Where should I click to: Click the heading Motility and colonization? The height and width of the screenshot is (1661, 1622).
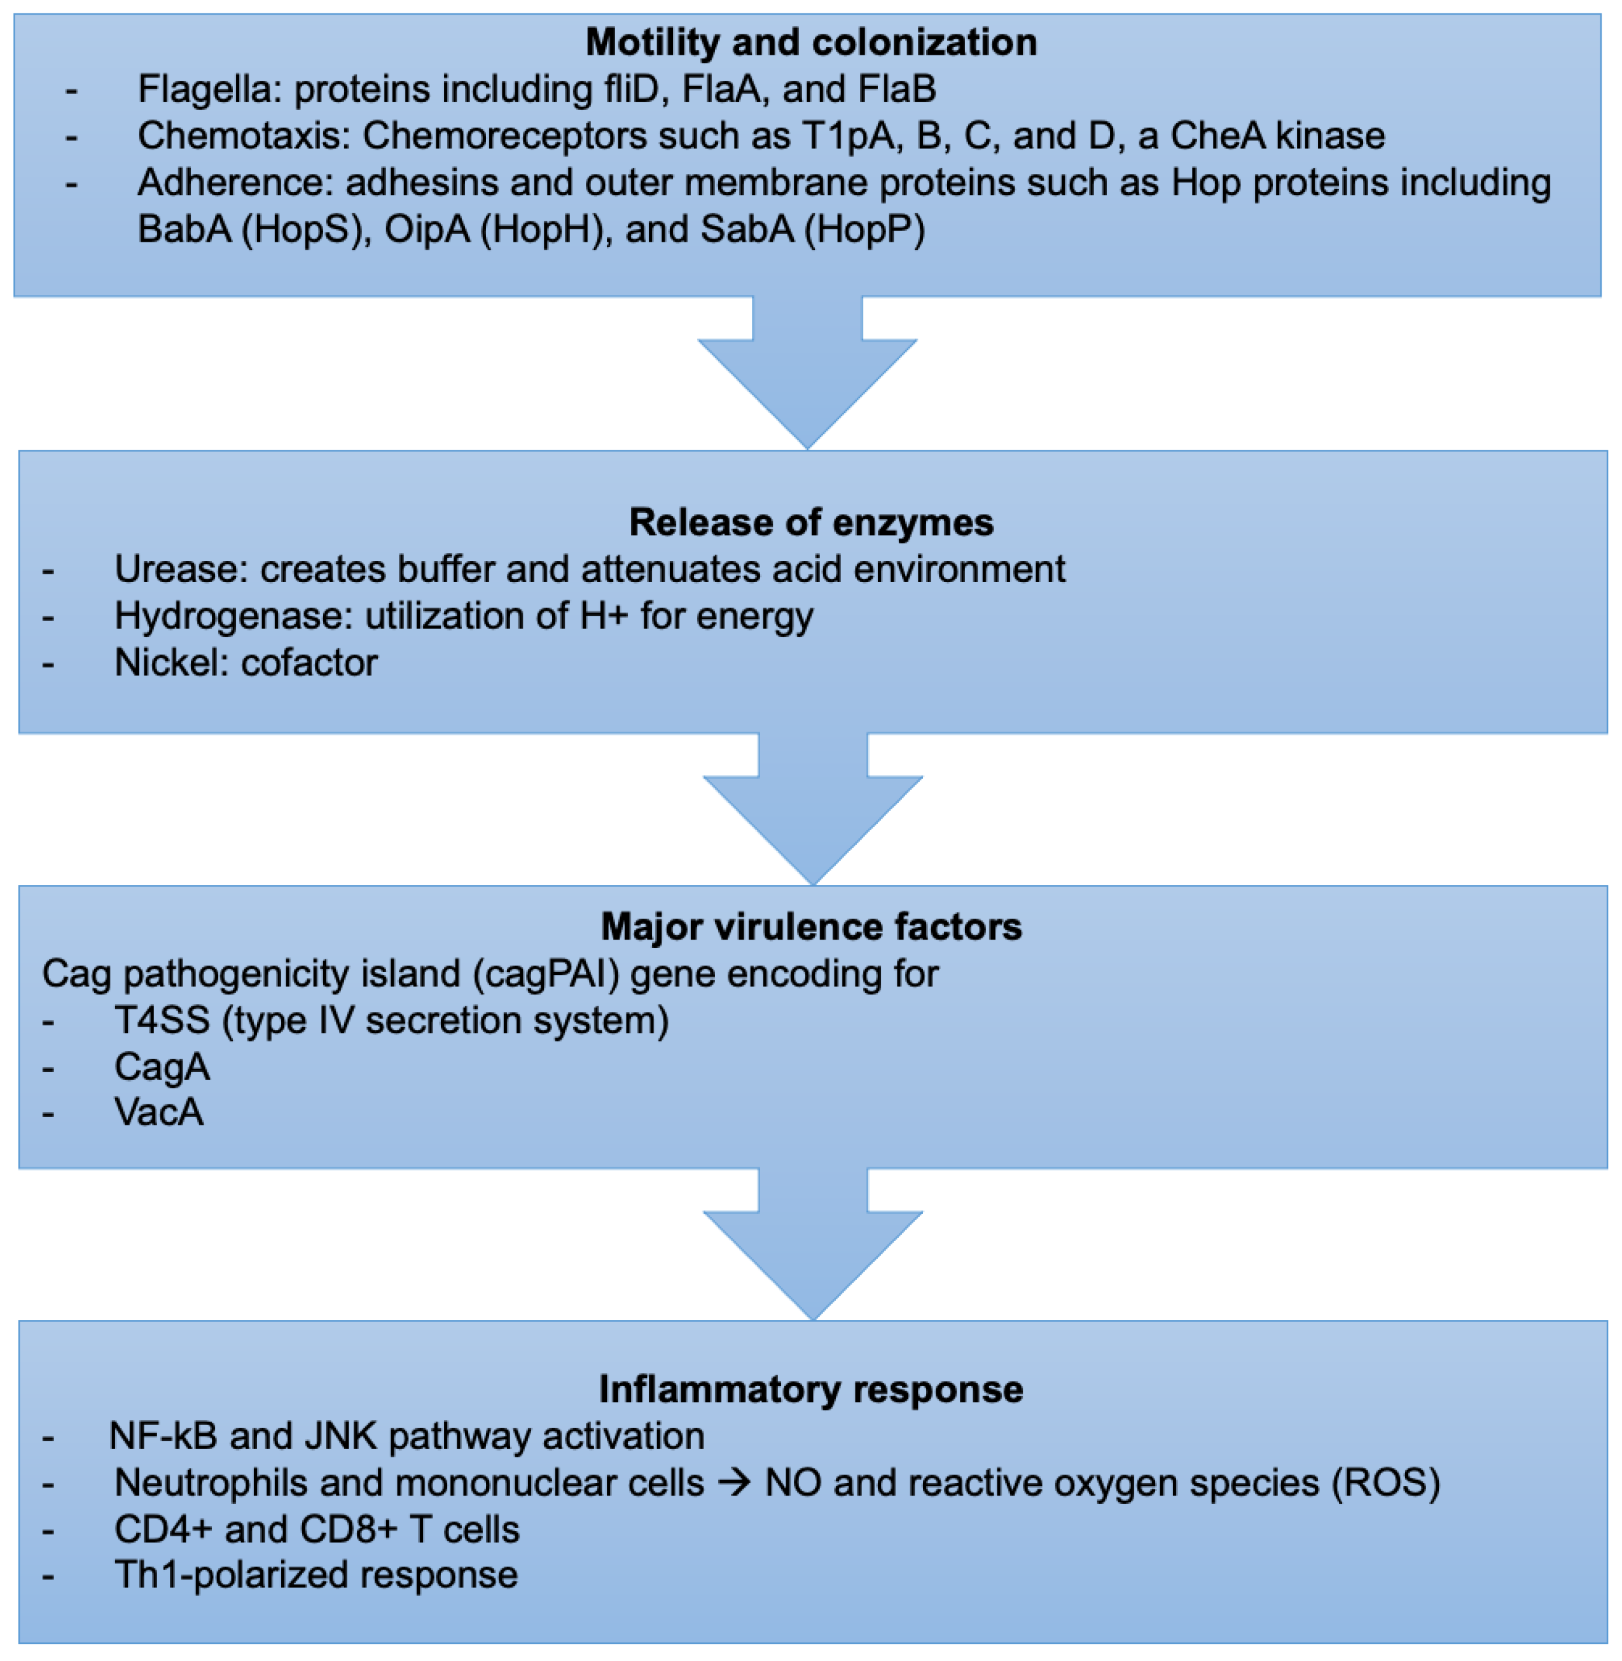click(811, 43)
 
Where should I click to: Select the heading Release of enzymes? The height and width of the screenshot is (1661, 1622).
click(811, 522)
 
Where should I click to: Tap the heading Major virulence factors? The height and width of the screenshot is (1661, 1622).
click(811, 927)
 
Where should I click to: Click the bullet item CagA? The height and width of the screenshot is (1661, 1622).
click(162, 1066)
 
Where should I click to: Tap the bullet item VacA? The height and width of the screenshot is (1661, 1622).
click(159, 1113)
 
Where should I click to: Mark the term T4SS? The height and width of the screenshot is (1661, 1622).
click(162, 1020)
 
